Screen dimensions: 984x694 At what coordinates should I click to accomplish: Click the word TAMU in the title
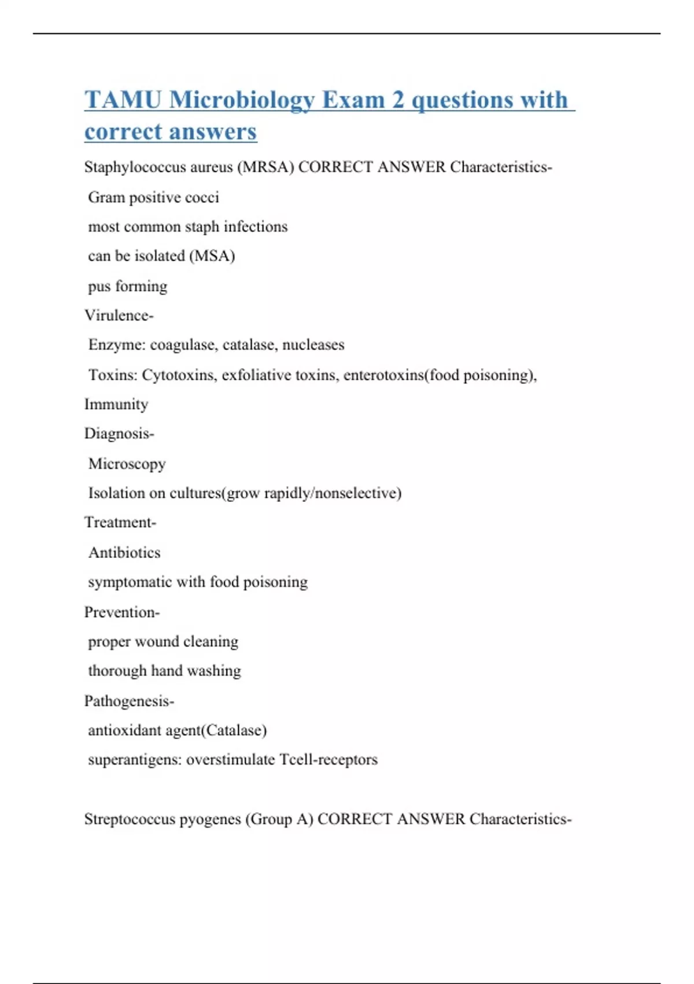point(123,100)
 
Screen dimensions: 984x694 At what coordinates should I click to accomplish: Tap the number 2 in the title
point(398,100)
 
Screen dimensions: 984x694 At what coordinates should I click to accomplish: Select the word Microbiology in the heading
point(242,100)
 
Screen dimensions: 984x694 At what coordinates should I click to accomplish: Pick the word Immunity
point(116,404)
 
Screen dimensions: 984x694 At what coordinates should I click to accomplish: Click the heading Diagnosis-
point(119,434)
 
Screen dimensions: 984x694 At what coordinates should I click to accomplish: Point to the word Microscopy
point(127,464)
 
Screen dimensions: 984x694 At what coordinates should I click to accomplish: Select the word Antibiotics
point(124,552)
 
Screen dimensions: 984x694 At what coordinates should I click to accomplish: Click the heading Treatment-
point(120,523)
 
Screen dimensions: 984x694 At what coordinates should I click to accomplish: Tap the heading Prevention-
point(122,612)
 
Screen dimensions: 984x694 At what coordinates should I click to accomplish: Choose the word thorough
point(117,671)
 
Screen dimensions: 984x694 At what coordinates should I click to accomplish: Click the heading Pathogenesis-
point(129,701)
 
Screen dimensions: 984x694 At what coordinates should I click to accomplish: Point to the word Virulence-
point(119,315)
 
